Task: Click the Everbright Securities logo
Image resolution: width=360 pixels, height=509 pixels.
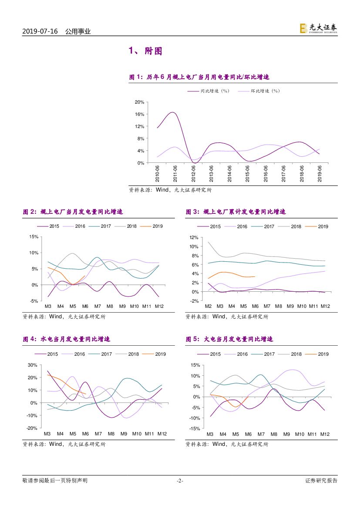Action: point(318,28)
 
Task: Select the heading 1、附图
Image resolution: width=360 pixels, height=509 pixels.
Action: point(145,51)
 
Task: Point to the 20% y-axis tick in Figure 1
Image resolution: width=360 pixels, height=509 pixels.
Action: point(139,102)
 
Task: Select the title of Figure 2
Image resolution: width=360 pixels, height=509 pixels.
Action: point(73,212)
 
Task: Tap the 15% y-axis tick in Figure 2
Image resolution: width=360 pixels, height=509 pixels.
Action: point(34,237)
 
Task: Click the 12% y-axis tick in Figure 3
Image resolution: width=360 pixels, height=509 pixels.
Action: point(194,238)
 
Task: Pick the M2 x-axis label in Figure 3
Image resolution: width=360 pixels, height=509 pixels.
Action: point(208,307)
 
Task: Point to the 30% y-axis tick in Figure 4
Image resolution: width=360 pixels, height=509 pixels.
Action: point(32,365)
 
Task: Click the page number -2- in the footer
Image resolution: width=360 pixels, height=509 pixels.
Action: point(180,481)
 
